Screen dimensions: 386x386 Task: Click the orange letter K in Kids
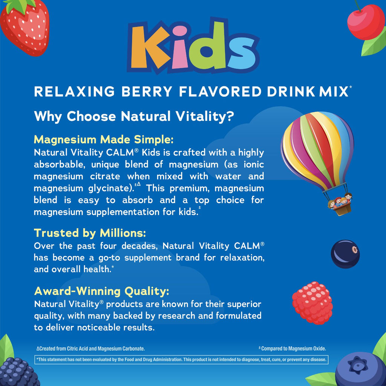click(148, 47)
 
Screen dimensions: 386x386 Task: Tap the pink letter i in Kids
click(180, 48)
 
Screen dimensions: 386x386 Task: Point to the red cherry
click(366, 22)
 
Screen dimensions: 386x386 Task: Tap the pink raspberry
click(312, 303)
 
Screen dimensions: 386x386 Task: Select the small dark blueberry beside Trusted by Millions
click(345, 254)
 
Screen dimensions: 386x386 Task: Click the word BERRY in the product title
click(147, 92)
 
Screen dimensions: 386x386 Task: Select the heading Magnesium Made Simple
click(104, 139)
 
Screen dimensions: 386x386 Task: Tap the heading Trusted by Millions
click(90, 233)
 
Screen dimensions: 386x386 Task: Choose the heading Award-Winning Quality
click(102, 291)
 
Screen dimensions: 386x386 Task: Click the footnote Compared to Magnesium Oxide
click(292, 348)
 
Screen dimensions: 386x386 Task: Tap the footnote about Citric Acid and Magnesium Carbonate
click(90, 349)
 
